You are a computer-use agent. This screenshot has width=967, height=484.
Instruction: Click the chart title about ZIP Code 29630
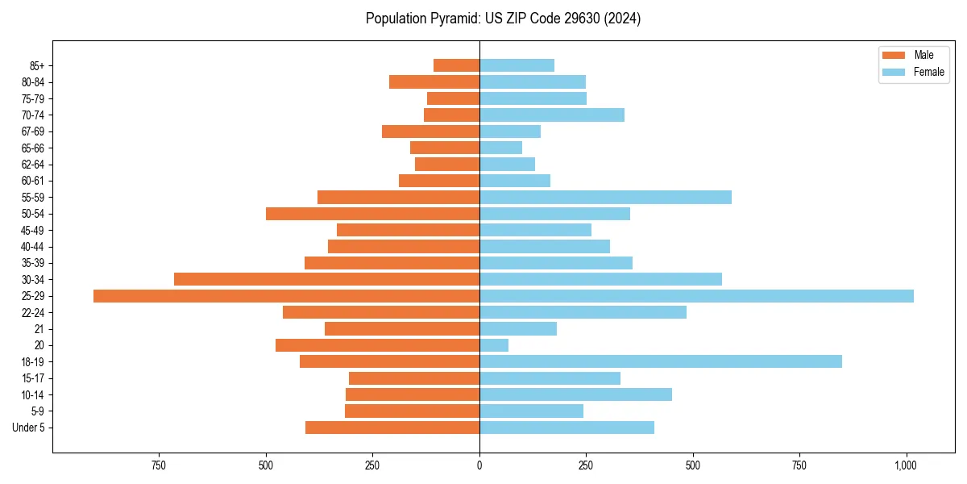coord(503,19)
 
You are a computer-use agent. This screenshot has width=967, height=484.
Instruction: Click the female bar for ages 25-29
coord(696,296)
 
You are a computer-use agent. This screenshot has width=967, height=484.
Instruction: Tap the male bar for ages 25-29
coord(286,296)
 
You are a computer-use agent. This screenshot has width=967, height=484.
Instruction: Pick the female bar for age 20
coord(494,345)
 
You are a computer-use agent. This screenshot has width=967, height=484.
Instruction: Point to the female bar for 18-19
coord(661,361)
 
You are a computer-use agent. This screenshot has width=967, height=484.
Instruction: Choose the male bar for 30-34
coord(326,279)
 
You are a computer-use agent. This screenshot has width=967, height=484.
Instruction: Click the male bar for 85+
coord(456,65)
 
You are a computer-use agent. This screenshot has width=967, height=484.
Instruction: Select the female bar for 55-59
coord(605,197)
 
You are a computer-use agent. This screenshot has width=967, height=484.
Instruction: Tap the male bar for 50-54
coord(372,214)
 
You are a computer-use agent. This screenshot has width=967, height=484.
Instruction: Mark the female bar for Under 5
coord(567,428)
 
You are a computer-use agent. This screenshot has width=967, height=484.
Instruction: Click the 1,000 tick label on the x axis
coord(906,465)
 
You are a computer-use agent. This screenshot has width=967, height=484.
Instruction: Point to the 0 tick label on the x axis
coord(479,465)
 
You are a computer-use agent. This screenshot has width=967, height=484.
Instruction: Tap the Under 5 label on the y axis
coord(28,428)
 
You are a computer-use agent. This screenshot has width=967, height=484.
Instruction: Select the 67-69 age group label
coord(33,131)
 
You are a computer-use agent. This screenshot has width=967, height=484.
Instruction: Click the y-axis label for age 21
coord(39,329)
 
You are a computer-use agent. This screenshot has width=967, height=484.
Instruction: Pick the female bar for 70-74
coord(552,115)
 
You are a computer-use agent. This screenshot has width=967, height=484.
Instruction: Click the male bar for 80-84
coord(434,81)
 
